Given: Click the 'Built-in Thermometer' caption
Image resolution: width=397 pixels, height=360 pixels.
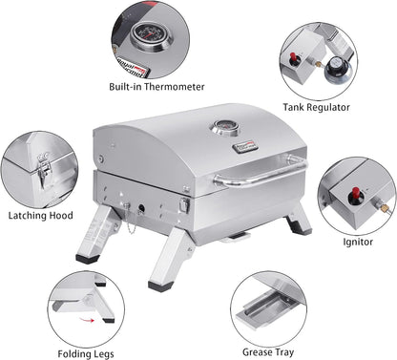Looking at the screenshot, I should (x=157, y=87).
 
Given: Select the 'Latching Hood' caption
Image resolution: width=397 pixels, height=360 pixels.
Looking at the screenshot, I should (x=42, y=216).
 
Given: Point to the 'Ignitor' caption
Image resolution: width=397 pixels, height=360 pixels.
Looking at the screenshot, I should (x=358, y=242).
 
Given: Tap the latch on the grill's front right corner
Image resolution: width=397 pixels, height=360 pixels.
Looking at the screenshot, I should (x=187, y=204).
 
